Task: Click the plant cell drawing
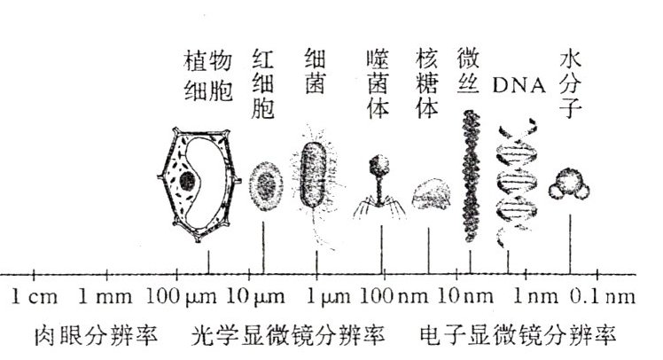(x=197, y=184)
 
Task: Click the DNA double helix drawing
(x=511, y=181)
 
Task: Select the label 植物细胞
(x=208, y=74)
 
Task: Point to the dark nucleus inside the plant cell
(x=188, y=182)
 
